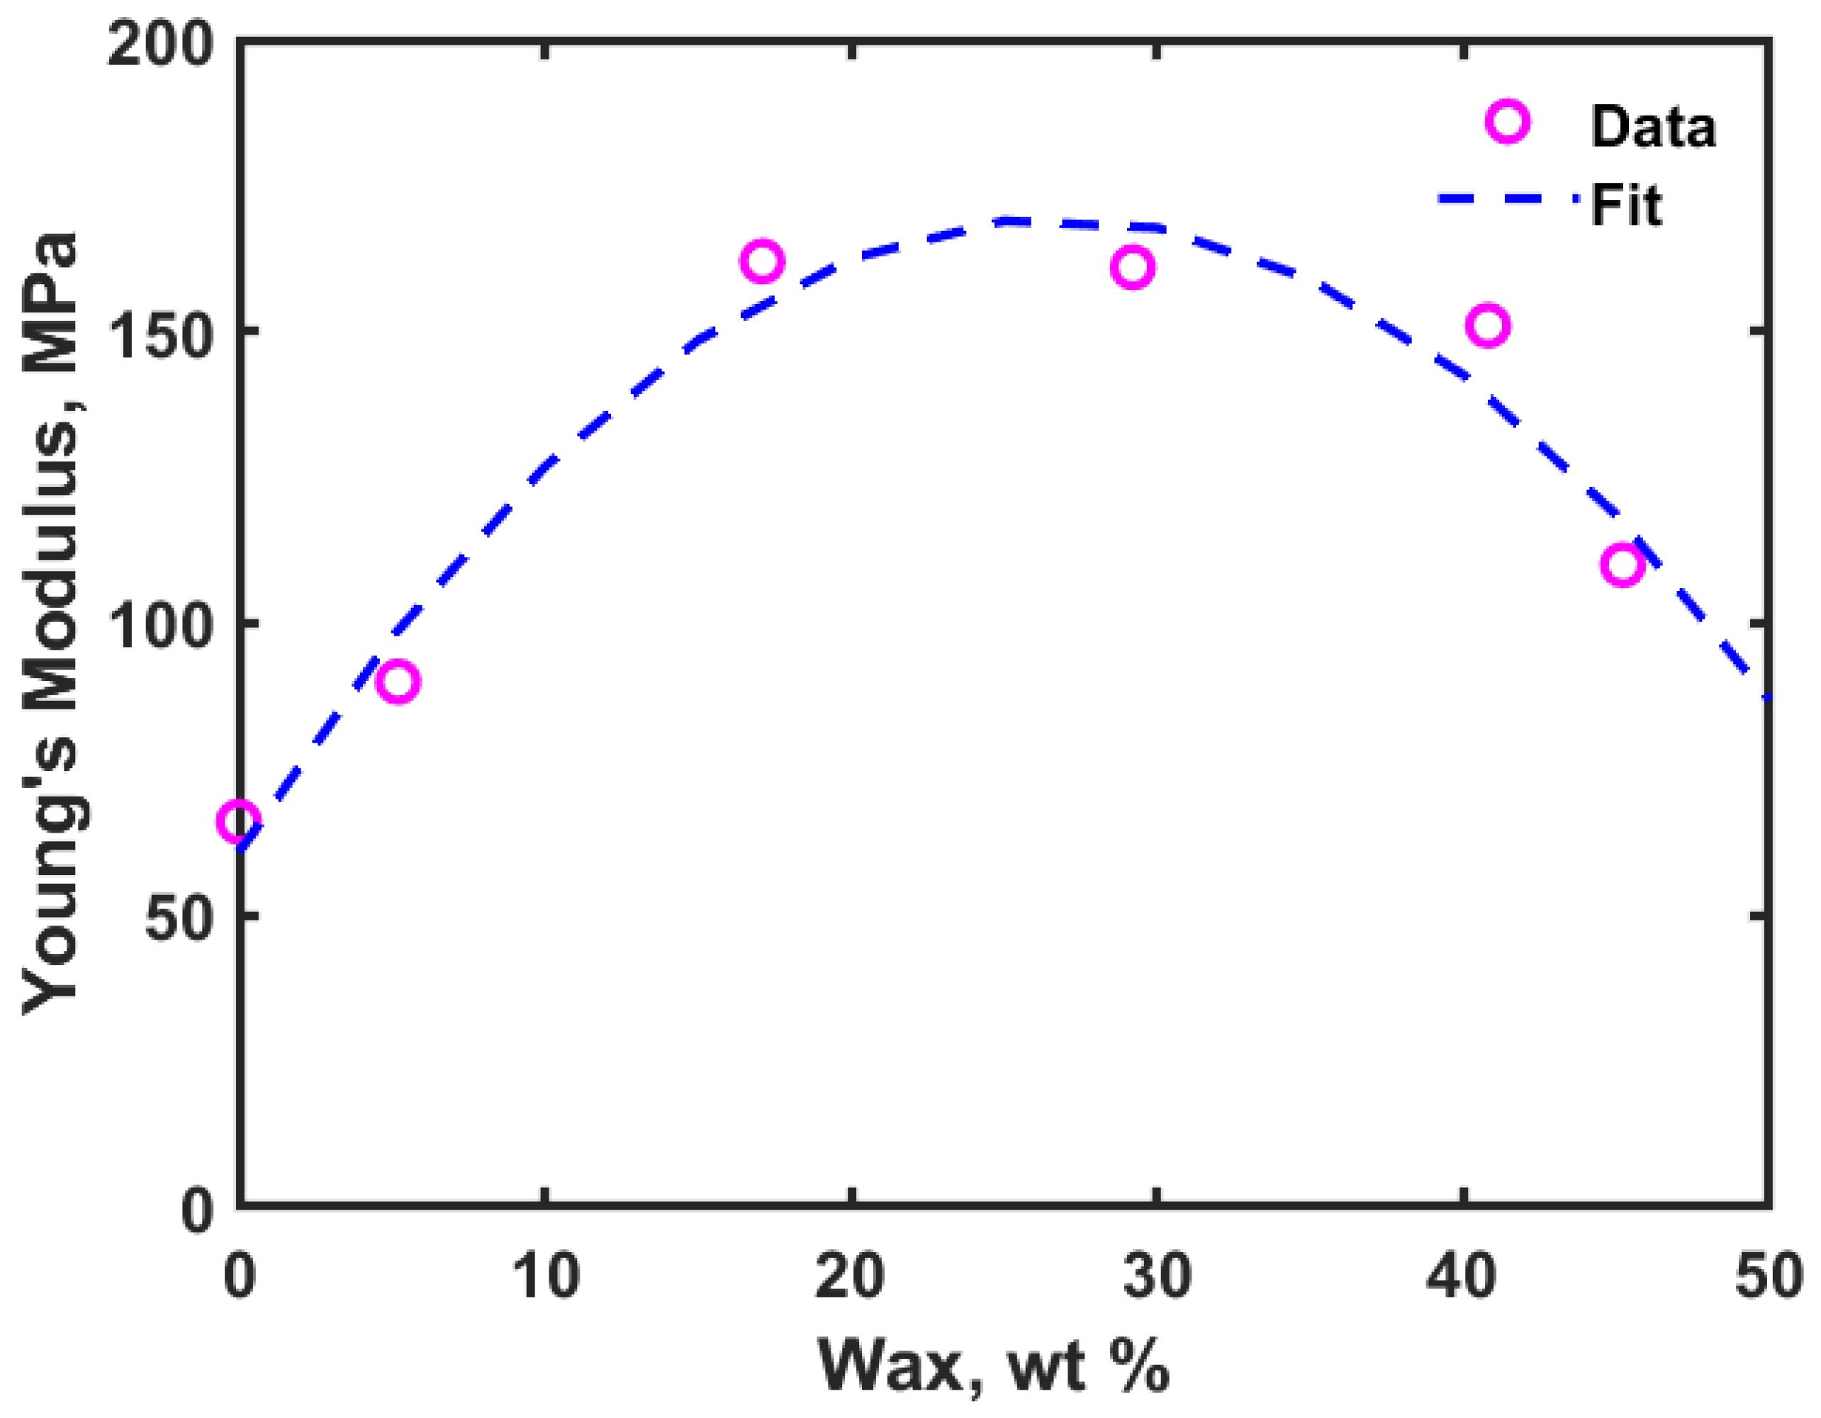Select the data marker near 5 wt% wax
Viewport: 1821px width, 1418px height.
coord(398,682)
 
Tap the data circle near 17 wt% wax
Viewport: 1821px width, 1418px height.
coord(761,261)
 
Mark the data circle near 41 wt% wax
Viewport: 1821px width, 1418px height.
coord(1487,325)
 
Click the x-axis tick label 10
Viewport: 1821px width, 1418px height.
coord(544,1276)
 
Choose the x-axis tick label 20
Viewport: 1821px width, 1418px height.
coord(850,1276)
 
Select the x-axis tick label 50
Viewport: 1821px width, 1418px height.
coord(1768,1276)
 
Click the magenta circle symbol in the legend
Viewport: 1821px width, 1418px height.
coord(1507,123)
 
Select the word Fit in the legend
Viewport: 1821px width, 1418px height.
coord(1626,204)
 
